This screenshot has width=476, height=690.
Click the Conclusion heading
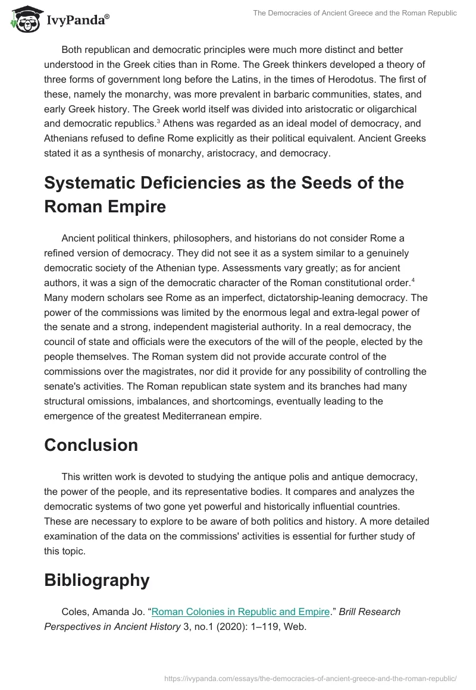pyautogui.click(x=91, y=446)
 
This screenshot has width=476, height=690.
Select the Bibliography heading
pyautogui.click(x=97, y=581)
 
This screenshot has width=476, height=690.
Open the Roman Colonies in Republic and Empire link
pyautogui.click(x=240, y=611)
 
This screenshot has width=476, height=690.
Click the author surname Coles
pyautogui.click(x=74, y=611)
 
